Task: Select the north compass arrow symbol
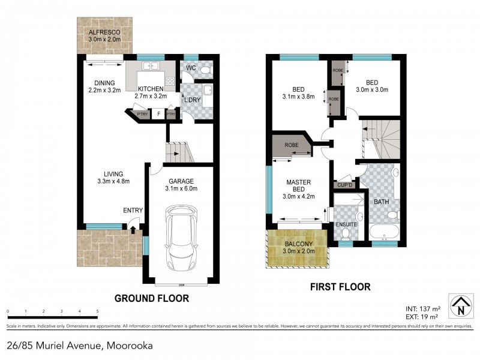pos(459,305)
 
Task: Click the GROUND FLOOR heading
pos(151,298)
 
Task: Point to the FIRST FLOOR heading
pos(340,287)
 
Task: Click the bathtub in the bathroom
pos(382,232)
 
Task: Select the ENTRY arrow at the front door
pos(133,229)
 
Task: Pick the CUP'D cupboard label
pos(345,185)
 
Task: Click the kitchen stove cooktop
pos(170,81)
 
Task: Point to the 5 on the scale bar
pos(97,311)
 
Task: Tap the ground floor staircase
pos(179,151)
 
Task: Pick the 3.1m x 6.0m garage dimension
pos(181,188)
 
